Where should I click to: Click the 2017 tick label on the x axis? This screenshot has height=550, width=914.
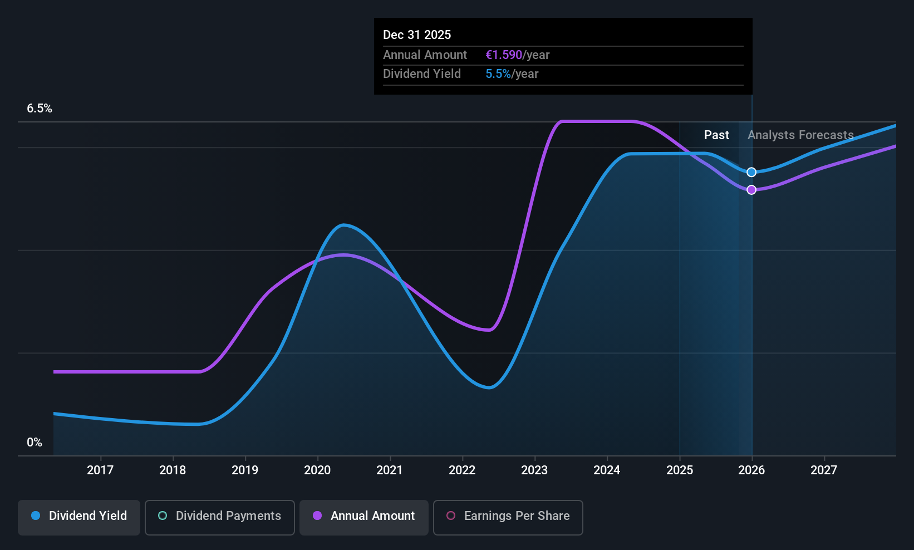100,470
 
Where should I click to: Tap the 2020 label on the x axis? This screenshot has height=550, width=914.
317,470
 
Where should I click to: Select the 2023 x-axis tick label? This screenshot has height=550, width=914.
534,470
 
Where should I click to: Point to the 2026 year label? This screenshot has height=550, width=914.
751,470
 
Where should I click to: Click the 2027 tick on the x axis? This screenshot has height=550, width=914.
824,470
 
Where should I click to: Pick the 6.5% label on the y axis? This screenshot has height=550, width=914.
40,109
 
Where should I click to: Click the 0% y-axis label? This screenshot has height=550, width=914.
35,443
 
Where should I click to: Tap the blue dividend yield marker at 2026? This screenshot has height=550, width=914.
751,172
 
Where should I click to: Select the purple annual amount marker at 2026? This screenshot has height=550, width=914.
751,190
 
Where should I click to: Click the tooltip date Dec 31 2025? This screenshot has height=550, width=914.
417,35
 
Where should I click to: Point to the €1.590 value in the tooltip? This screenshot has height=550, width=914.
504,55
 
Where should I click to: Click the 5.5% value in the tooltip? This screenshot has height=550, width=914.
498,74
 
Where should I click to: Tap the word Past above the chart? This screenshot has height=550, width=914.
716,135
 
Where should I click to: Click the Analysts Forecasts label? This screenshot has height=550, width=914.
800,135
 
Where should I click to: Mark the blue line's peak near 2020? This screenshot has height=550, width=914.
344,225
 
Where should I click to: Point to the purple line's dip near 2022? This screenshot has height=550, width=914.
488,330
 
